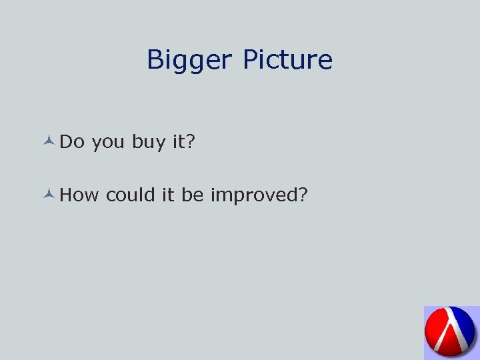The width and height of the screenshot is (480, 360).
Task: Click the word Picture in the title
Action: click(287, 60)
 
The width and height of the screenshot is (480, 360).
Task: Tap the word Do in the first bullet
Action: click(71, 141)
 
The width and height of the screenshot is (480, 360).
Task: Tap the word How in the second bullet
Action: click(79, 195)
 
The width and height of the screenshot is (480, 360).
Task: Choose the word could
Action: click(131, 195)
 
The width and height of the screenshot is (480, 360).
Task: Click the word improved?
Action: click(259, 195)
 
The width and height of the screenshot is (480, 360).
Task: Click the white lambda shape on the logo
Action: click(455, 331)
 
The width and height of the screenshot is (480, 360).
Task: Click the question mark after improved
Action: click(303, 195)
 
